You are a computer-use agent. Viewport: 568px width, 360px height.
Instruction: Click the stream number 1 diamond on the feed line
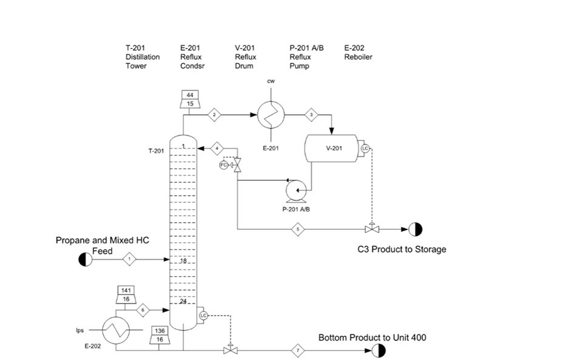click(130, 259)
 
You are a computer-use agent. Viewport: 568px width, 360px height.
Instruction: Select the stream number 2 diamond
click(214, 114)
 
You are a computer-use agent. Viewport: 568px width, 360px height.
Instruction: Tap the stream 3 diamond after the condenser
click(311, 114)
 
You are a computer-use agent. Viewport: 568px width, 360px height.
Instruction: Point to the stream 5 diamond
click(299, 229)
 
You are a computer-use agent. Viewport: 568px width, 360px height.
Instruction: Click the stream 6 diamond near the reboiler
click(143, 310)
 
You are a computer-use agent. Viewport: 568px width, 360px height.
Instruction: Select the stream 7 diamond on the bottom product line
click(298, 350)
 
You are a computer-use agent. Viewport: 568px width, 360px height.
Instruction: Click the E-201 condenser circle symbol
click(269, 114)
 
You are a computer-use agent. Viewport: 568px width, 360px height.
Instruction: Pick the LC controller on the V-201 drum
click(365, 148)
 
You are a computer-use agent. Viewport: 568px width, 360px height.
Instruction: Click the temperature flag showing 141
click(126, 290)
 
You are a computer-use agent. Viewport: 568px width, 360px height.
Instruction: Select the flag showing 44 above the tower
click(190, 95)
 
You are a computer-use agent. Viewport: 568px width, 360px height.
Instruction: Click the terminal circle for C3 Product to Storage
click(415, 229)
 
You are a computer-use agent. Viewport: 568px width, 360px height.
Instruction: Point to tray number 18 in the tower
click(183, 260)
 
